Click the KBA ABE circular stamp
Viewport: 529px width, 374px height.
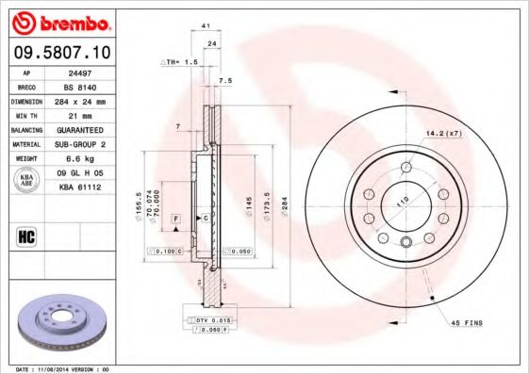pyautogui.click(x=27, y=180)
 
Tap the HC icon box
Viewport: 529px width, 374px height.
pyautogui.click(x=27, y=236)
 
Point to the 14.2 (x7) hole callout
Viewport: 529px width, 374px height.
pyautogui.click(x=442, y=133)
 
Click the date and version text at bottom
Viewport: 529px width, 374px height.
pyautogui.click(x=64, y=368)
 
